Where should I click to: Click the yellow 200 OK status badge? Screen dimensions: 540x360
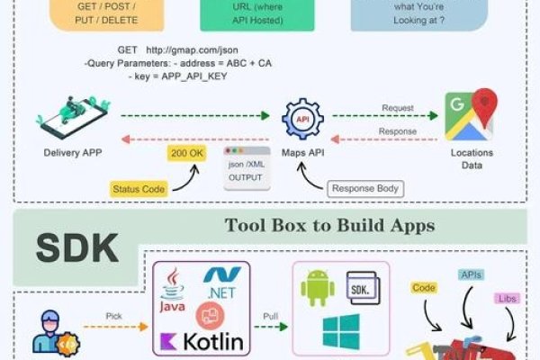point(186,153)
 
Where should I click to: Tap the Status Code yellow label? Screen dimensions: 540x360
point(139,189)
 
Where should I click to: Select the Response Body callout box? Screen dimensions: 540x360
point(365,188)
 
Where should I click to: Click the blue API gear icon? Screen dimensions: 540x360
point(302,119)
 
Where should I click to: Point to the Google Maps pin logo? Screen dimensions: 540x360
point(471,114)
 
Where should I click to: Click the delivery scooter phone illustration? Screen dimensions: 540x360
point(74,117)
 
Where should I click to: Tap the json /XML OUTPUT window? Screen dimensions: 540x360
point(247,168)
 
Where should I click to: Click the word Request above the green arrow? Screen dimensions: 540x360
point(398,108)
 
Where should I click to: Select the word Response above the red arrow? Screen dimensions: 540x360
point(398,131)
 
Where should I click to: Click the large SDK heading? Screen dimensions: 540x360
point(77,248)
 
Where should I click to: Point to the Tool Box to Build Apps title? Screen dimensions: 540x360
point(329,226)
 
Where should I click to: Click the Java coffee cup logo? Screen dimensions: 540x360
point(173,290)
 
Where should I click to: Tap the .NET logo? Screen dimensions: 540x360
point(222,283)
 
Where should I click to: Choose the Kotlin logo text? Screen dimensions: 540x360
point(202,341)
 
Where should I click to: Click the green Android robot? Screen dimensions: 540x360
point(318,288)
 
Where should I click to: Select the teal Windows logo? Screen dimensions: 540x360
point(341,331)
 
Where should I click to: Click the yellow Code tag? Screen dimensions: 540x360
point(424,288)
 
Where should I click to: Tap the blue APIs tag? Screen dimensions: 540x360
point(471,274)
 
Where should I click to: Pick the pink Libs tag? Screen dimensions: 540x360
point(508,298)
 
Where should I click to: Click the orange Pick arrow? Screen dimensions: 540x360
point(116,327)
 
